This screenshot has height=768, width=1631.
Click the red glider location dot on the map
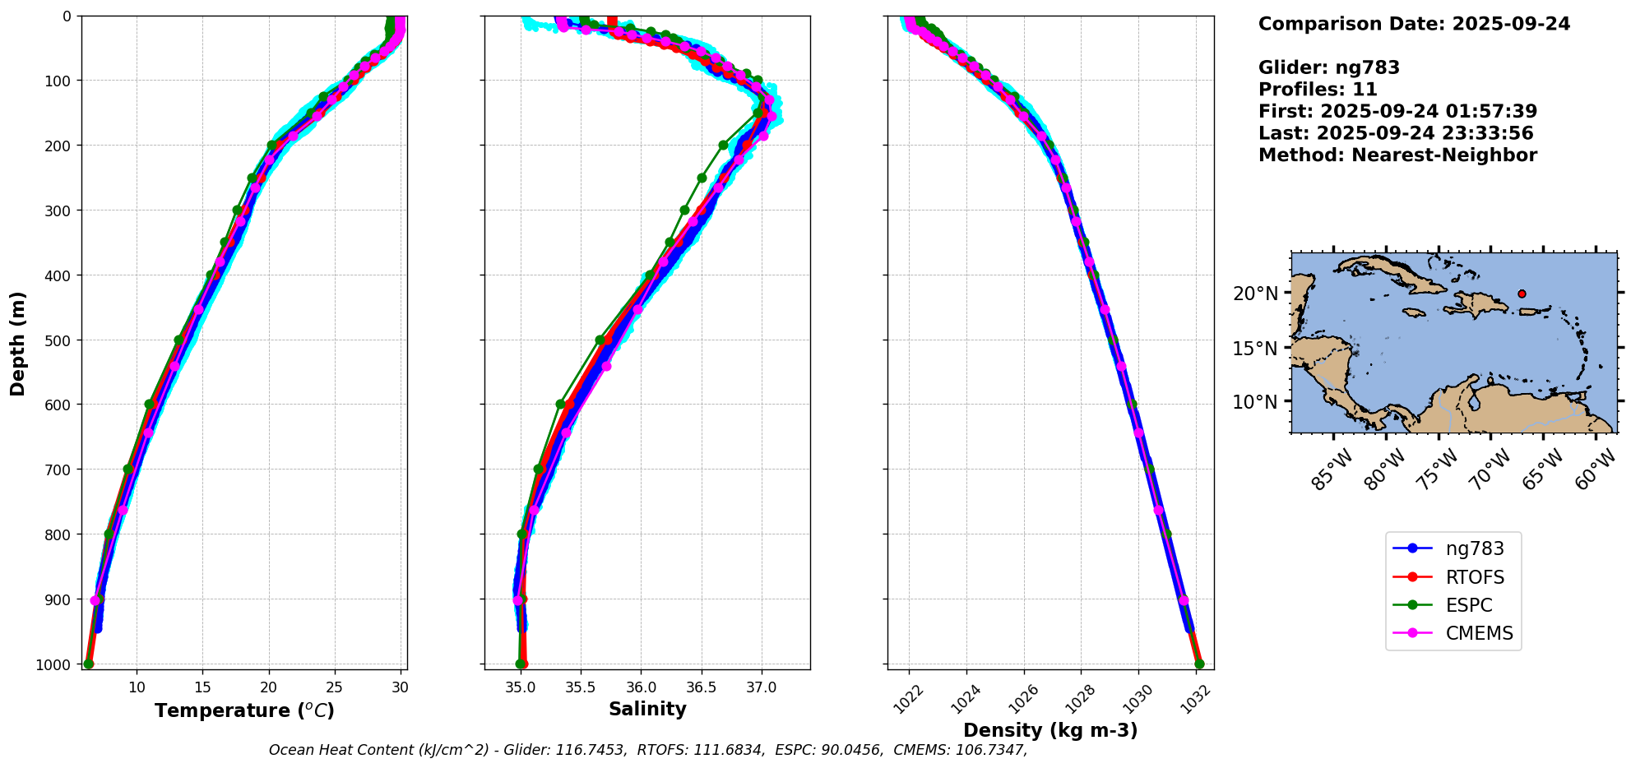[1522, 294]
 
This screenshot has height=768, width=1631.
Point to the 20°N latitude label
[1255, 294]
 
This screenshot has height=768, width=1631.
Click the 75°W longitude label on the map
[1439, 470]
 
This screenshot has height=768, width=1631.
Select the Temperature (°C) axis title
[244, 710]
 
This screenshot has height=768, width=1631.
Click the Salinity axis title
[647, 709]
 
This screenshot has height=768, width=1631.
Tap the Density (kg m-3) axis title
[1050, 730]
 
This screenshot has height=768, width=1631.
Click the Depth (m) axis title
[18, 343]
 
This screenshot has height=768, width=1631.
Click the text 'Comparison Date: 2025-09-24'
[1414, 24]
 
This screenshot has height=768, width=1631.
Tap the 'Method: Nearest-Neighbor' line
[1397, 155]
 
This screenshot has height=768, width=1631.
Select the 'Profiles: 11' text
[1318, 90]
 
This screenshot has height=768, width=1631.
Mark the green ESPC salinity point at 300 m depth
[684, 210]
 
